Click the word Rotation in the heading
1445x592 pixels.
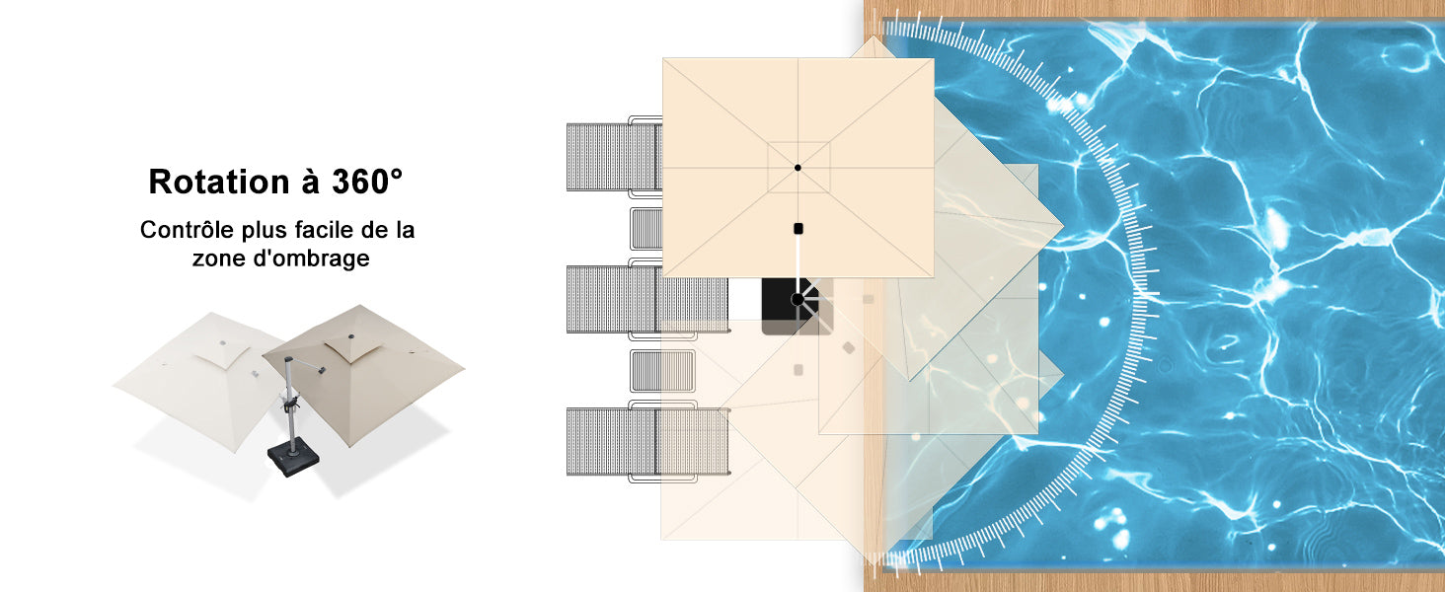(x=219, y=182)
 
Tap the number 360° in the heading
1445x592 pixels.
(x=367, y=181)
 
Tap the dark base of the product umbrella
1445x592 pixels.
(x=293, y=457)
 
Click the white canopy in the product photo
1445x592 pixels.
(x=200, y=377)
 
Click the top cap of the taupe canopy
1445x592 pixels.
(x=350, y=336)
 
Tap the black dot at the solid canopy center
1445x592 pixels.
(x=798, y=168)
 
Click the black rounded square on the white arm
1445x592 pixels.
(x=799, y=228)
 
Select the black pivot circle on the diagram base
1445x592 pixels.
(x=798, y=299)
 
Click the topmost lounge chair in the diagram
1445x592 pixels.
(x=614, y=157)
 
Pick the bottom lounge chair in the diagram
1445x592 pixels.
(x=647, y=442)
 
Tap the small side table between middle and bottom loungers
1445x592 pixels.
(x=662, y=371)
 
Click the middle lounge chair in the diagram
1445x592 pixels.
(x=647, y=299)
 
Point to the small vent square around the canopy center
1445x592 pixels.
(x=799, y=167)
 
